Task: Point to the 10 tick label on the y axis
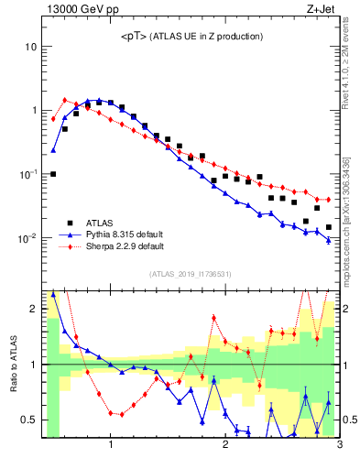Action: [30, 46]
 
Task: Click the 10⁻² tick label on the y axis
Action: [27, 238]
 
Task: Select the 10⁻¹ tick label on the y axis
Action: [27, 174]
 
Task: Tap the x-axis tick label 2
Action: [224, 446]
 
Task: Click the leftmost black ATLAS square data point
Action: [53, 174]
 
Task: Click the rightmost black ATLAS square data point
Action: [328, 227]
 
